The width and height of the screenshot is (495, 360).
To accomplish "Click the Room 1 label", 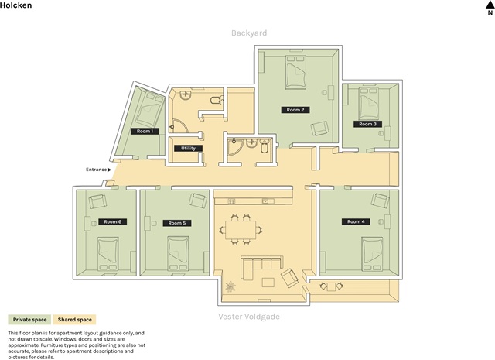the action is point(145,131).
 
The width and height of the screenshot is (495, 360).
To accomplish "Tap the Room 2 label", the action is point(295,110).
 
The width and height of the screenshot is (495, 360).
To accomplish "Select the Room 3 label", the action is point(368,124).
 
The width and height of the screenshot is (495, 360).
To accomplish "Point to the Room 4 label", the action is point(356,222).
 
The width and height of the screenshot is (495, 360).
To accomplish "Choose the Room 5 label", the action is point(177,223).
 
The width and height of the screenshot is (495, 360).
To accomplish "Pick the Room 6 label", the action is point(113,222).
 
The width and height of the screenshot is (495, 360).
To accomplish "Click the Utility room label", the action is point(188,148).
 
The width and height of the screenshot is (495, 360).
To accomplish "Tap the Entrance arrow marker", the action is point(109,170).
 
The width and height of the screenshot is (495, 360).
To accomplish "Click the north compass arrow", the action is point(490,5).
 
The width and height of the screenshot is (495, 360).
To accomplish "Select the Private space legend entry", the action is point(29,320).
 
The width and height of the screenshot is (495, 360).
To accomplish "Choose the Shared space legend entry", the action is point(74,320).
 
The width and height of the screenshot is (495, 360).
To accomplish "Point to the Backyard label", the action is point(249,33).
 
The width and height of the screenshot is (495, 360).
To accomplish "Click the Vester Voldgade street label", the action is point(249,317).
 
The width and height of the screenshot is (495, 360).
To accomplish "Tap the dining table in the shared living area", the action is point(241,230).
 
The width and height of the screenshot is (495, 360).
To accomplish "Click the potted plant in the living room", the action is point(230,286).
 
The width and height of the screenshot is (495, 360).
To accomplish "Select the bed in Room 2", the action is point(295,72).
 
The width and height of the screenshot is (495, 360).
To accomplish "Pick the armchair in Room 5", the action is point(198,201).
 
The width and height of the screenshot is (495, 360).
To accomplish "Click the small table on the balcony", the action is point(332,286).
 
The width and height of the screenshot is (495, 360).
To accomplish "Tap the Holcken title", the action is point(15,5).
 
